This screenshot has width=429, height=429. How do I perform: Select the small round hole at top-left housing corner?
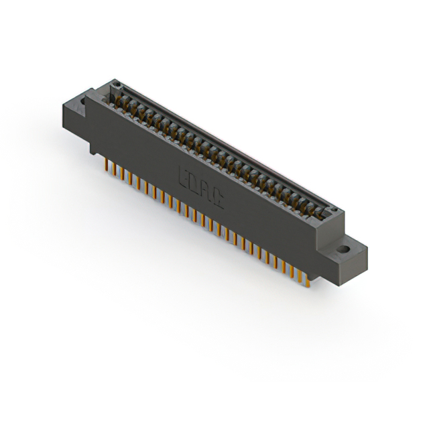(115, 85)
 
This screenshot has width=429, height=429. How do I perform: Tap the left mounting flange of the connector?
(75, 111)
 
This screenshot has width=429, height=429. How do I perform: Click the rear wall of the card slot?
(221, 144)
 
